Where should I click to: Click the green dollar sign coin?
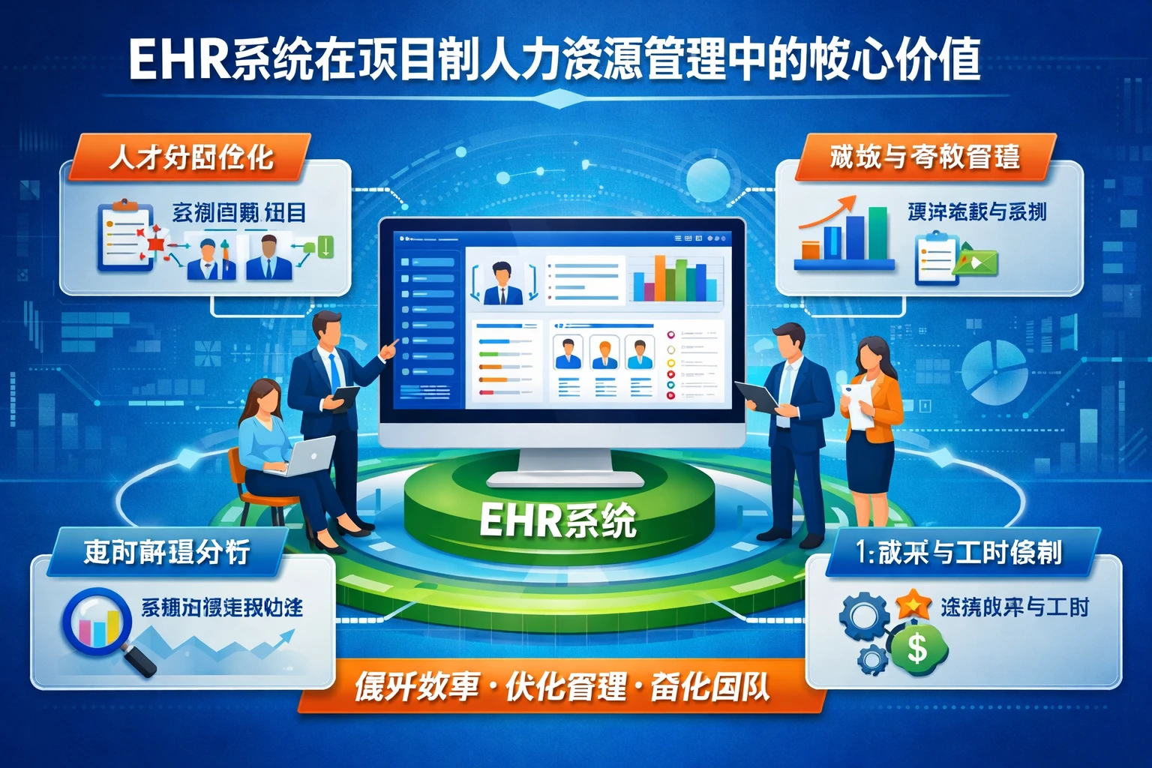pos(917,648)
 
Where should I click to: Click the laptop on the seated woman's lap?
pos(309,456)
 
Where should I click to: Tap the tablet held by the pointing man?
pos(344,397)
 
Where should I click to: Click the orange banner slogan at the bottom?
pos(562,687)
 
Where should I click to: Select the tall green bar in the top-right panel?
pos(877,232)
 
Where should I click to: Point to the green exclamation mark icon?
pos(325,247)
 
